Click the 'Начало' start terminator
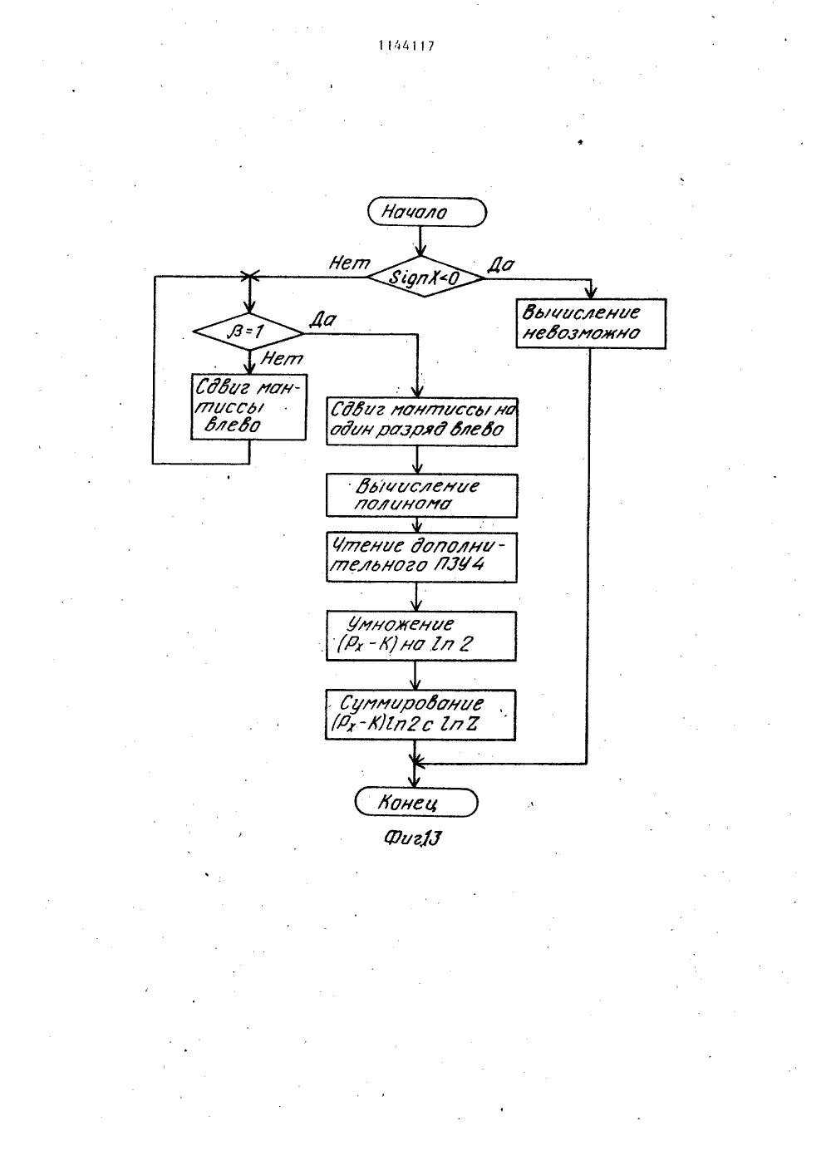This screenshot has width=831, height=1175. pos(427,212)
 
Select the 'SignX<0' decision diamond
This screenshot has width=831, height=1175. pos(425,277)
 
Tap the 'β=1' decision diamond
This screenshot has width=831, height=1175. pos(248,332)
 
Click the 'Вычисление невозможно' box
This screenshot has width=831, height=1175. pos(591,323)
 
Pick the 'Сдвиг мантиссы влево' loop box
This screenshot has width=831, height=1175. pos(248,406)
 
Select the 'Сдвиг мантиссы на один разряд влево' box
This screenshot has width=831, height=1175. pos(422,422)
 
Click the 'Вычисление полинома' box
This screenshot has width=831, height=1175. pos(422,495)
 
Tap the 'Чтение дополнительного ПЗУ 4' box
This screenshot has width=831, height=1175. pos(421,557)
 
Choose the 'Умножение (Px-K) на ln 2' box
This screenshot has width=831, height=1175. pos(420,635)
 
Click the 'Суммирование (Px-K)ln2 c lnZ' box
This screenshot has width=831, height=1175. pos(420,715)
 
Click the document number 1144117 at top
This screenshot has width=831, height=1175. pos(406,47)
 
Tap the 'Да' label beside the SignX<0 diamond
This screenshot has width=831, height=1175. pos(501,265)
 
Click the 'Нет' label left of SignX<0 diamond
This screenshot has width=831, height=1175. pos(349,263)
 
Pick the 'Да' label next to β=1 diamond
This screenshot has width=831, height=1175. pos(322,319)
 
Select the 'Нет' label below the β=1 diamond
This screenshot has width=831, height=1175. pos(282,359)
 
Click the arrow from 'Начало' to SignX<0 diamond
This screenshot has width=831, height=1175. pos(420,241)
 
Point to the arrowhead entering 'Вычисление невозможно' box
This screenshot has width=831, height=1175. pos(591,293)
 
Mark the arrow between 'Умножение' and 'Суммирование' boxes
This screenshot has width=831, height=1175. pos(415,675)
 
